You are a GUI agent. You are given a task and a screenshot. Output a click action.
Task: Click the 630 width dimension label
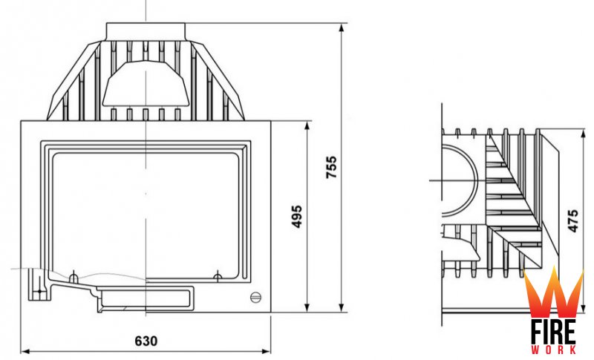coord(146,341)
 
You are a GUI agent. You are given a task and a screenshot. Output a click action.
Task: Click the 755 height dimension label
coord(331,167)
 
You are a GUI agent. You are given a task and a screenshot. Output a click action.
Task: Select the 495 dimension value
coord(296,217)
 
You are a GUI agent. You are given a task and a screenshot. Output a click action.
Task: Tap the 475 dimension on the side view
coord(573,220)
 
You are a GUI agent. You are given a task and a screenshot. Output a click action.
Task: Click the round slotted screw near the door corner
coord(255,298)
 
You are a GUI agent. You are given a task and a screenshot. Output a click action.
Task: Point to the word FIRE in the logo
coord(553,333)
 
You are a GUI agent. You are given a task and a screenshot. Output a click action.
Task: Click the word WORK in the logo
coord(553,350)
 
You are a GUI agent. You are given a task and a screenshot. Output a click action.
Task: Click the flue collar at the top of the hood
coord(146,32)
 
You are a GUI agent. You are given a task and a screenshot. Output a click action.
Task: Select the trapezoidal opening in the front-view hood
coord(146,83)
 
